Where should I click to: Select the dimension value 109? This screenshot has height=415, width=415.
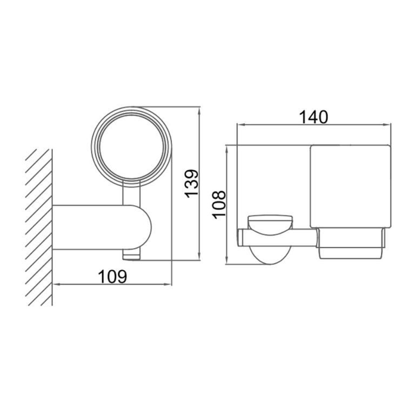click(112, 276)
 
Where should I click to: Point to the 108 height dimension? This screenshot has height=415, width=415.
click(218, 204)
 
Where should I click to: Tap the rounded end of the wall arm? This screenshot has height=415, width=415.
click(145, 228)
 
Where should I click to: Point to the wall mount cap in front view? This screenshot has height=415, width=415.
click(269, 222)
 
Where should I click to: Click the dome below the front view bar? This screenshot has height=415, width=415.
click(269, 254)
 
